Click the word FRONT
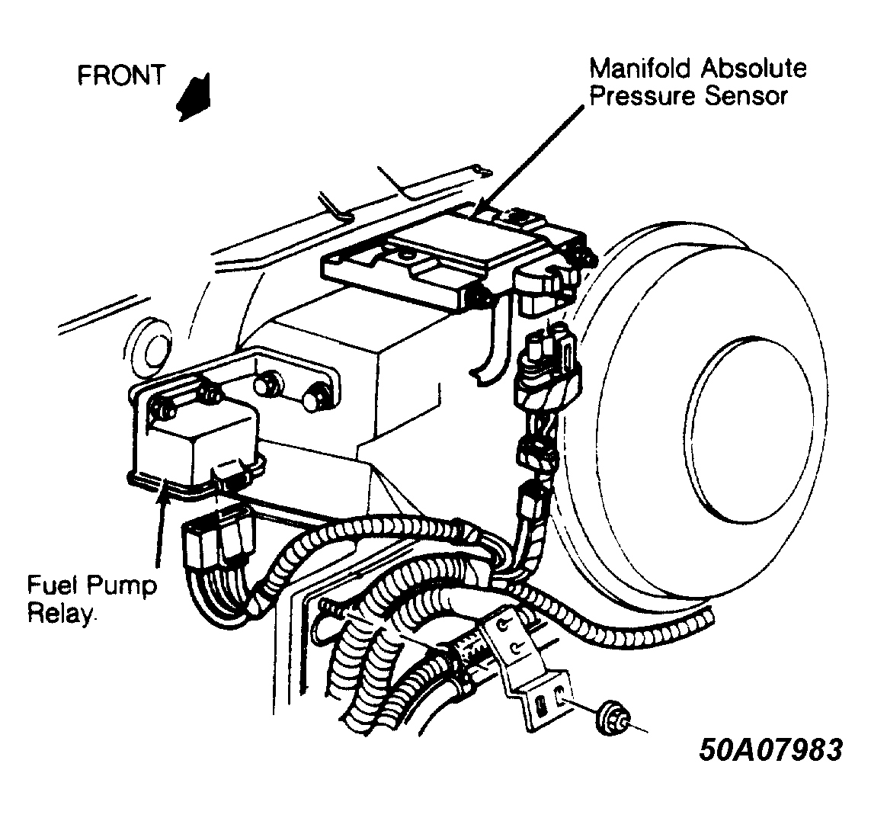point(121,75)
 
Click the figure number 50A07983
point(771,749)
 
